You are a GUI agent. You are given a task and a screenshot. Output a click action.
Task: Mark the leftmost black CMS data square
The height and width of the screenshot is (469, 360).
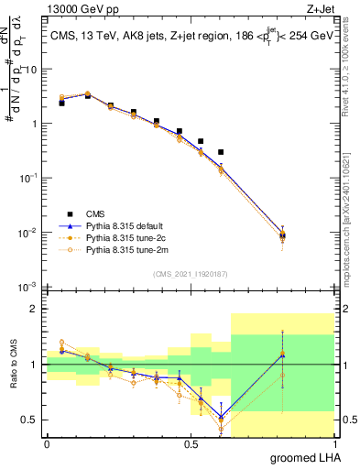61,104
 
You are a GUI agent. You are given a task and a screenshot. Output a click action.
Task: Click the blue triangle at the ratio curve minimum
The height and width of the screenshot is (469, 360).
221,417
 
